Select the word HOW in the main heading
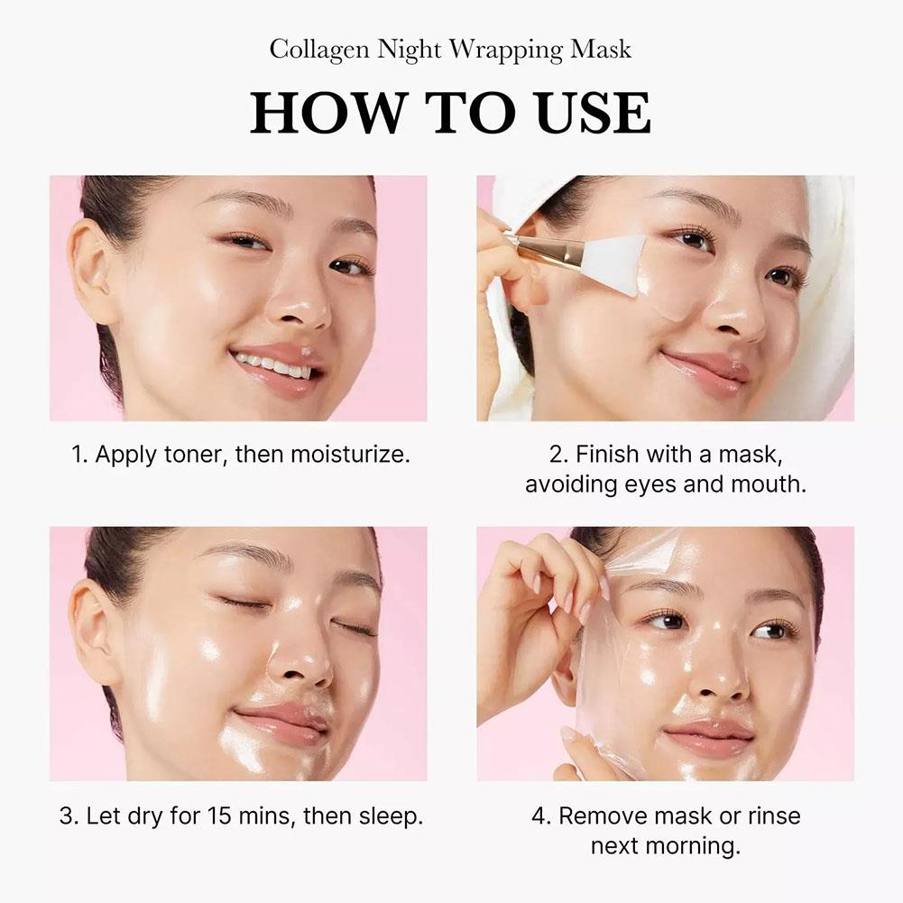[x=318, y=114]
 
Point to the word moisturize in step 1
[x=355, y=454]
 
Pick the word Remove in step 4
[x=598, y=816]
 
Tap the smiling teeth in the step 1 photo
[x=274, y=364]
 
